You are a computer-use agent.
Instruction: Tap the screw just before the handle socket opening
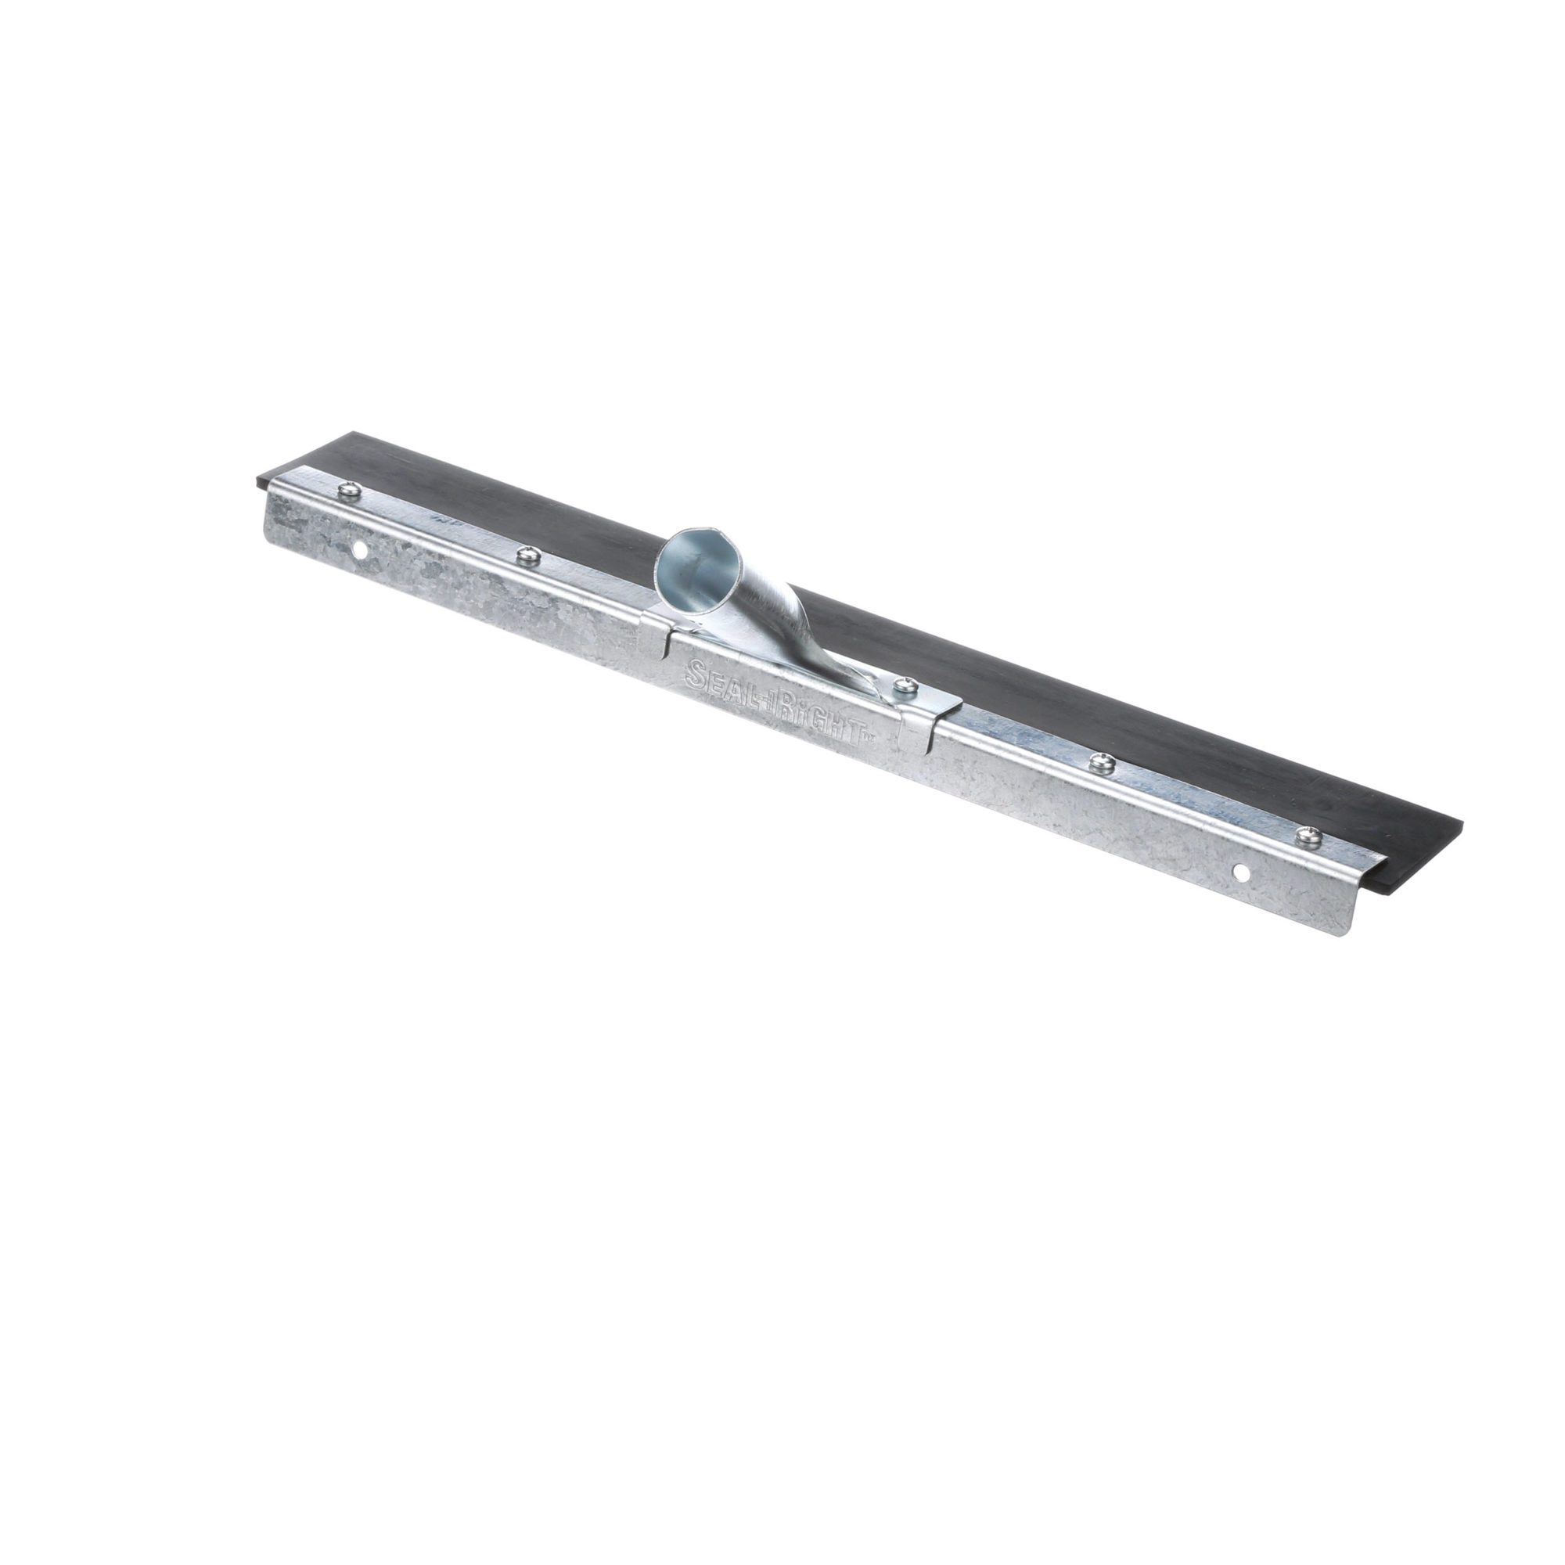[528, 554]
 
